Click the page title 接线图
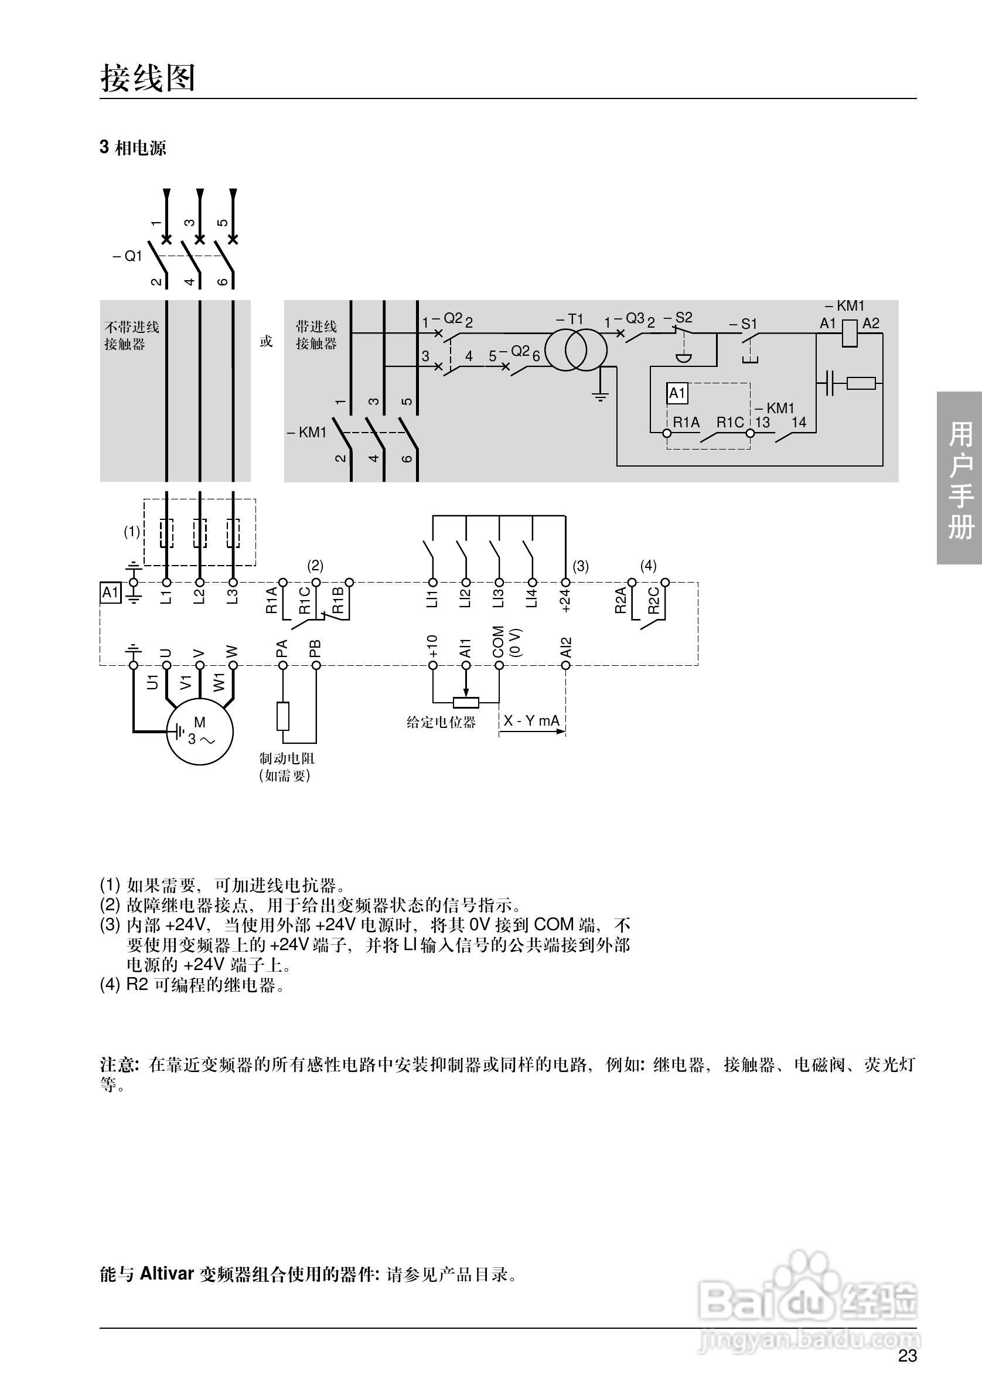click(148, 79)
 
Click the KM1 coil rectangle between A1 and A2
click(850, 332)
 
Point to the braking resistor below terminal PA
click(283, 716)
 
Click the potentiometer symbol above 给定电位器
click(466, 703)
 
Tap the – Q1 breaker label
click(128, 256)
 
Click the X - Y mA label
click(531, 720)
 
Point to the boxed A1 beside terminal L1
click(110, 593)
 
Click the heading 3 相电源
click(133, 148)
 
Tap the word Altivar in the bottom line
click(166, 1273)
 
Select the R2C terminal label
click(653, 600)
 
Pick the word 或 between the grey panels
click(267, 342)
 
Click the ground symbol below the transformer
click(600, 397)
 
